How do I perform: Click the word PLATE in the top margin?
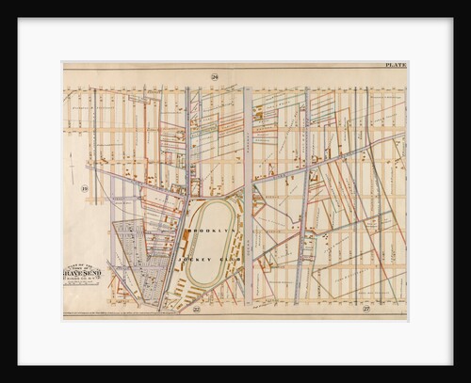pyautogui.click(x=395, y=65)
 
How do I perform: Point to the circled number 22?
pyautogui.click(x=196, y=308)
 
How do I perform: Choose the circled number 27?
pyautogui.click(x=365, y=308)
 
